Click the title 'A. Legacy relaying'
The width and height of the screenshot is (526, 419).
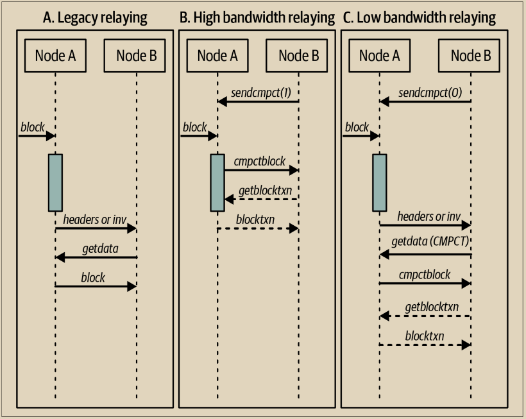94,17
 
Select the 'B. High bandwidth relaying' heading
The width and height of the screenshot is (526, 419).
257,17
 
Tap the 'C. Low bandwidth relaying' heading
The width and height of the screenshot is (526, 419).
420,17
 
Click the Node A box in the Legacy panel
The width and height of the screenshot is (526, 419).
55,55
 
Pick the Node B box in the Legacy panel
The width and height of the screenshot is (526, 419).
136,55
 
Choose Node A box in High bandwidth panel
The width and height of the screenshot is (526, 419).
217,55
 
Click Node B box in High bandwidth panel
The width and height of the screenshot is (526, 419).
298,55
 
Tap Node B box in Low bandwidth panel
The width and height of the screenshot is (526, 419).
471,55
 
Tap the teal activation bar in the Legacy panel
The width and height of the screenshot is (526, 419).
55,182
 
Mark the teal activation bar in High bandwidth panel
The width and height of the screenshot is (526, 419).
217,182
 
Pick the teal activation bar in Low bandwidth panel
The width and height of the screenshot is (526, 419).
380,182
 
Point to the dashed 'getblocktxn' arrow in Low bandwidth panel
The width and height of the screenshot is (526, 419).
425,316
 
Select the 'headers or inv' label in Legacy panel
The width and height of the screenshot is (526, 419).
95,219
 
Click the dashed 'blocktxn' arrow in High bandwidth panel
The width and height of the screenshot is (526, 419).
258,228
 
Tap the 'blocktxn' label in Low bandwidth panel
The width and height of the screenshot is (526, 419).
425,336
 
